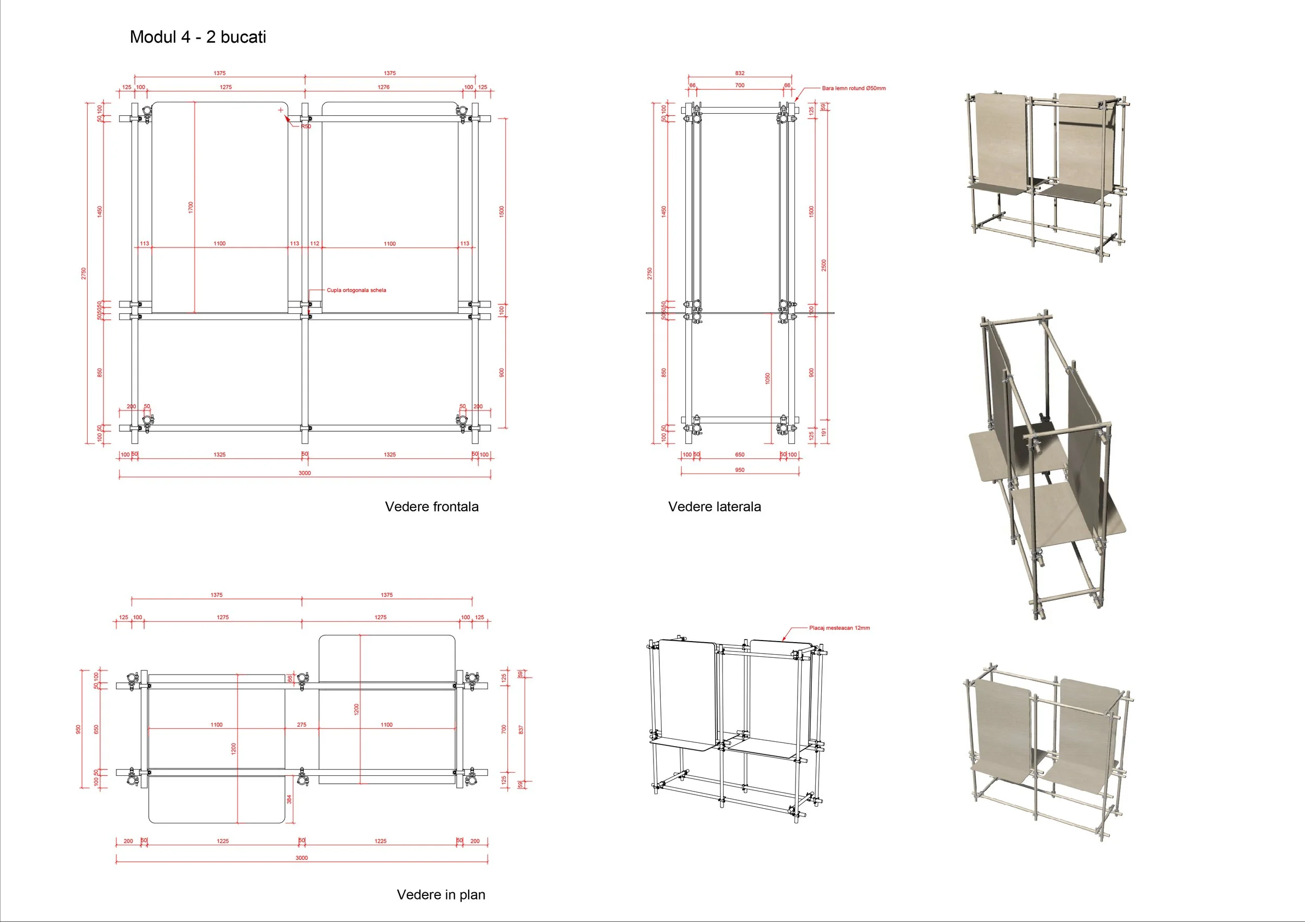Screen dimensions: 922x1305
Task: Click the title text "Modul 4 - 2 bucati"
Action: pyautogui.click(x=198, y=37)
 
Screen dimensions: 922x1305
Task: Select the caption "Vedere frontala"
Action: pyautogui.click(x=431, y=506)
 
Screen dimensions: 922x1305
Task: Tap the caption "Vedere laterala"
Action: pyautogui.click(x=714, y=506)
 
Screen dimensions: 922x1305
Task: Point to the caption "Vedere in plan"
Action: pyautogui.click(x=441, y=894)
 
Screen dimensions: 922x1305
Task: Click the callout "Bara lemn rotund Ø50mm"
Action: pyautogui.click(x=853, y=88)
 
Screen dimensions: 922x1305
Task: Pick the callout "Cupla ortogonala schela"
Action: pyautogui.click(x=356, y=290)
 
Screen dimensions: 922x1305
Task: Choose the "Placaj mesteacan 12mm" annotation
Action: pyautogui.click(x=839, y=628)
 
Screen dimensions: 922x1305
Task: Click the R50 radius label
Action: pyautogui.click(x=306, y=126)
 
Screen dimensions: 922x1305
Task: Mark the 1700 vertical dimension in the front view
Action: pyautogui.click(x=191, y=207)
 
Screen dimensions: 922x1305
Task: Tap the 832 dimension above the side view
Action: pyautogui.click(x=740, y=73)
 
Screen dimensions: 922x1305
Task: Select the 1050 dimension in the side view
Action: pyautogui.click(x=767, y=378)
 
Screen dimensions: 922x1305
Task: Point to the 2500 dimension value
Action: pyautogui.click(x=824, y=265)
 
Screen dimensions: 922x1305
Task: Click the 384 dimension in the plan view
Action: pyautogui.click(x=289, y=799)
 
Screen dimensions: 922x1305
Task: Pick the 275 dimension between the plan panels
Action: pyautogui.click(x=301, y=725)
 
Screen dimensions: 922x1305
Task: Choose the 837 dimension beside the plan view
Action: pyautogui.click(x=521, y=729)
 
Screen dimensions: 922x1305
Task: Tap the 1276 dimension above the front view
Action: pyautogui.click(x=384, y=87)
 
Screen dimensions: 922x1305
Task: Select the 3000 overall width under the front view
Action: pyautogui.click(x=305, y=473)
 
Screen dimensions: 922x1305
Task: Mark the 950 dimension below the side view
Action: pyautogui.click(x=740, y=470)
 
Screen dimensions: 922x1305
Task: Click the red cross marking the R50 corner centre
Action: pyautogui.click(x=281, y=110)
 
